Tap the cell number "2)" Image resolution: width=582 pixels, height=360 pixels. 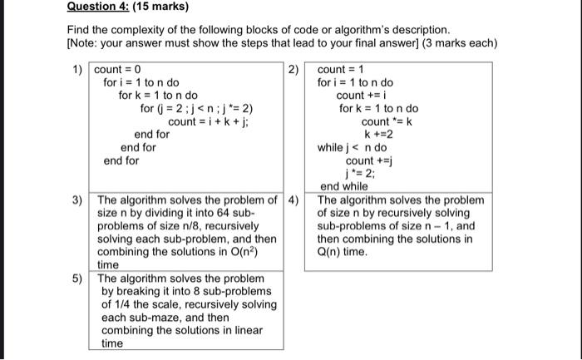293,70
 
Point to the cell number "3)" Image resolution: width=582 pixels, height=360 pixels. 76,201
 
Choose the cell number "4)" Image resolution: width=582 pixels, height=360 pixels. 293,201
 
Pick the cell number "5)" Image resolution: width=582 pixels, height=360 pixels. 76,279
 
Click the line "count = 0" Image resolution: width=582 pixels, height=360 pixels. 118,70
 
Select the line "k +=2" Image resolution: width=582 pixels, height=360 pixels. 378,135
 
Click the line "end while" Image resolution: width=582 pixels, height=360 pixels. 343,187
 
